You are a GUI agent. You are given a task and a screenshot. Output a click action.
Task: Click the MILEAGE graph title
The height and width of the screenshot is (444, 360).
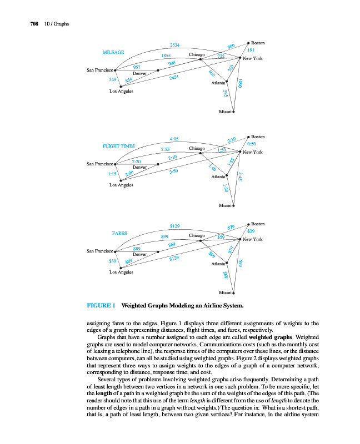(x=113, y=52)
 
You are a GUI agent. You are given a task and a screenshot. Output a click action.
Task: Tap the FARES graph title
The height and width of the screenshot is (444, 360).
(x=119, y=233)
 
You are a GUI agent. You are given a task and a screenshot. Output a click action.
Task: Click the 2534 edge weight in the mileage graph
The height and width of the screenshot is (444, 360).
(x=174, y=45)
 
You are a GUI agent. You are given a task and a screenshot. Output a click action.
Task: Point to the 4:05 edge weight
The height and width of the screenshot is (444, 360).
(x=174, y=139)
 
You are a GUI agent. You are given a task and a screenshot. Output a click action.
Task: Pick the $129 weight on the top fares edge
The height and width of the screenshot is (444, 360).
(x=174, y=226)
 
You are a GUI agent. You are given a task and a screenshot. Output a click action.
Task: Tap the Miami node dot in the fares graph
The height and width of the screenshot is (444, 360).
(x=234, y=292)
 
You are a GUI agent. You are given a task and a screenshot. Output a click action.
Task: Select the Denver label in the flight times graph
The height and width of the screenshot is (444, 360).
(x=140, y=167)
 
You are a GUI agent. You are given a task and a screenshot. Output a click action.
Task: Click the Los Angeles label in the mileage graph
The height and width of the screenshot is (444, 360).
(x=121, y=91)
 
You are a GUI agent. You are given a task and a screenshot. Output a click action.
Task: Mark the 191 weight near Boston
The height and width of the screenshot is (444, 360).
(x=251, y=51)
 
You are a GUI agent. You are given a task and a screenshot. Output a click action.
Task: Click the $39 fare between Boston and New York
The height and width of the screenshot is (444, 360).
(x=251, y=231)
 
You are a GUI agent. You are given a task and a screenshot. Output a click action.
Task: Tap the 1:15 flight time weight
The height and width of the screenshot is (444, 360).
(x=112, y=174)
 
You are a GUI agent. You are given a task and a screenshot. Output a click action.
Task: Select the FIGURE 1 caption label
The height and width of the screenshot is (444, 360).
(x=101, y=305)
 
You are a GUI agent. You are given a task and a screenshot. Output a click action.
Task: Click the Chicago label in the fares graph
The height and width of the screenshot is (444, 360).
(x=197, y=236)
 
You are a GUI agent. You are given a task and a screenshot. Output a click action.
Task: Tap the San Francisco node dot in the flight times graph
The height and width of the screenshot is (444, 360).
(x=115, y=164)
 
